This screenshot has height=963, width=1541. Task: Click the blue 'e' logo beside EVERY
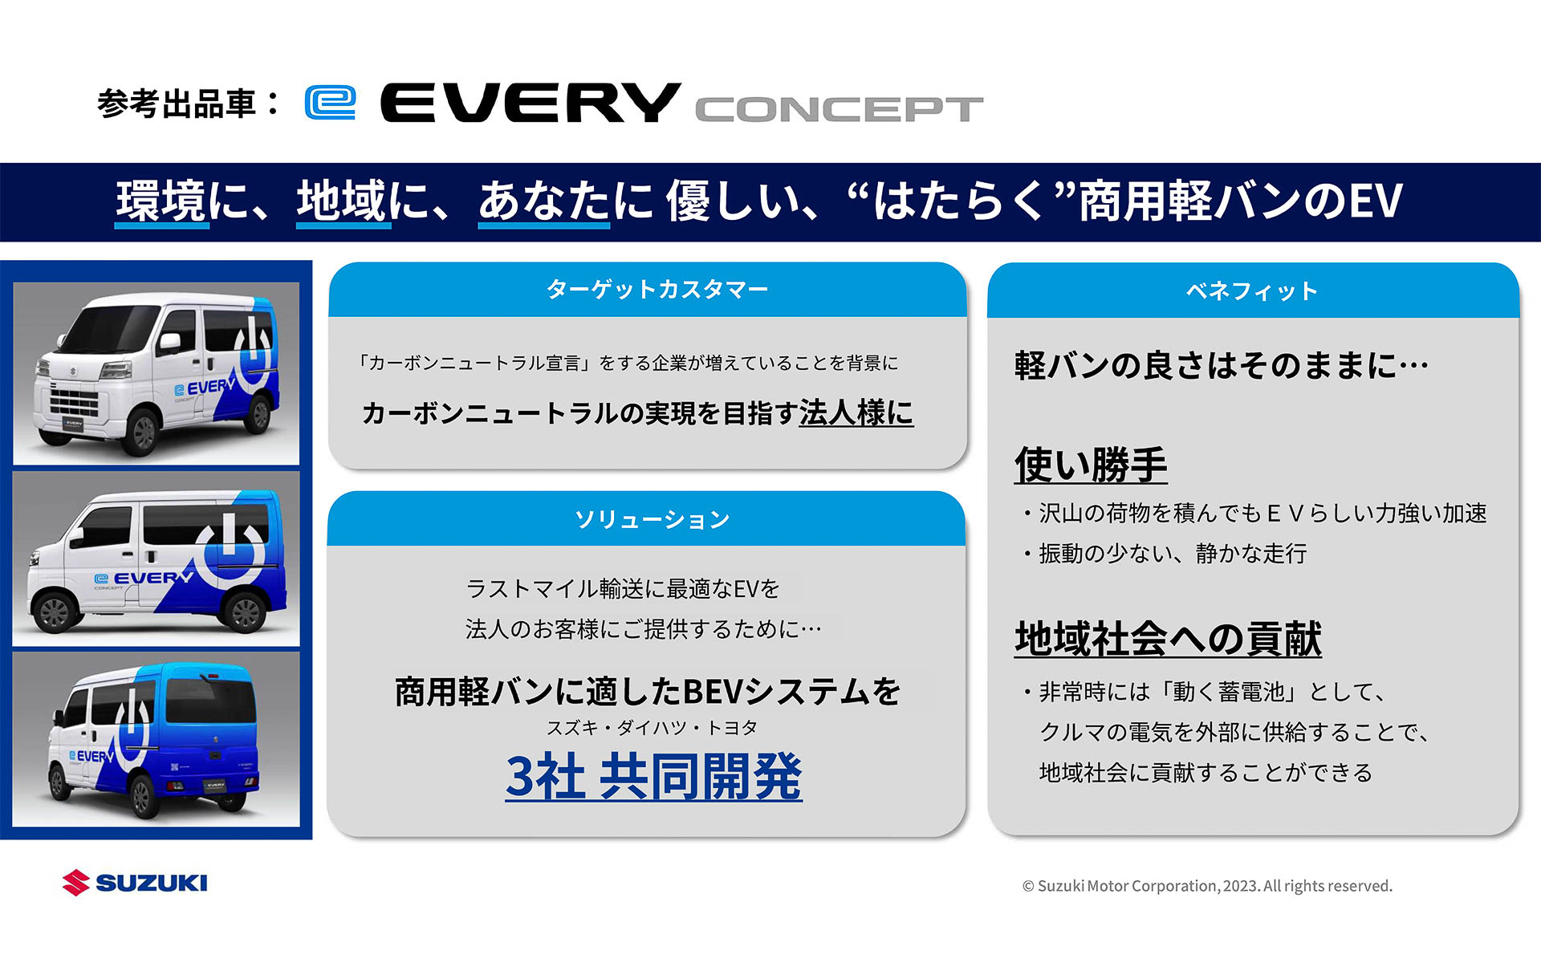click(x=330, y=103)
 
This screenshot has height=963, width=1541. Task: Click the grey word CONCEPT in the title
click(x=839, y=109)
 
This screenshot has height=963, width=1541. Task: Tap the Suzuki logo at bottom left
click(x=135, y=883)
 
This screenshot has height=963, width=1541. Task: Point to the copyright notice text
click(x=1206, y=886)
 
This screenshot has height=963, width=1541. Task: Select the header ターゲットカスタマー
click(x=657, y=289)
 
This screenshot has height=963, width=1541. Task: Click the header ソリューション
click(x=652, y=519)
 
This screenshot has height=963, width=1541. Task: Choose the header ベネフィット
click(x=1252, y=291)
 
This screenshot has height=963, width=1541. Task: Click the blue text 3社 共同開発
click(x=653, y=776)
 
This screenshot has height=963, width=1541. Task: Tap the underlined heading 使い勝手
click(x=1090, y=465)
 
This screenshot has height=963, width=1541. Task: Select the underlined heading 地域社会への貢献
click(x=1167, y=639)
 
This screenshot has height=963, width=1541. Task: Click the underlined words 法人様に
click(x=856, y=412)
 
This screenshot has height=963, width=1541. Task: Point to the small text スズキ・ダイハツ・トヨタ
click(x=652, y=728)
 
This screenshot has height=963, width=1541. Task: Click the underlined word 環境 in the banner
click(x=161, y=201)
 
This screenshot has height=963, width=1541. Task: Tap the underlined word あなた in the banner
click(x=543, y=201)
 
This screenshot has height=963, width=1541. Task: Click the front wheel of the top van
click(x=142, y=431)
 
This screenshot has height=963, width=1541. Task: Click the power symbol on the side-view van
click(x=230, y=550)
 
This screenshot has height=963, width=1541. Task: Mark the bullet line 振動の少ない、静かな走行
click(x=1172, y=553)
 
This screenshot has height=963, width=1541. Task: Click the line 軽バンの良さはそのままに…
click(x=1220, y=365)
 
